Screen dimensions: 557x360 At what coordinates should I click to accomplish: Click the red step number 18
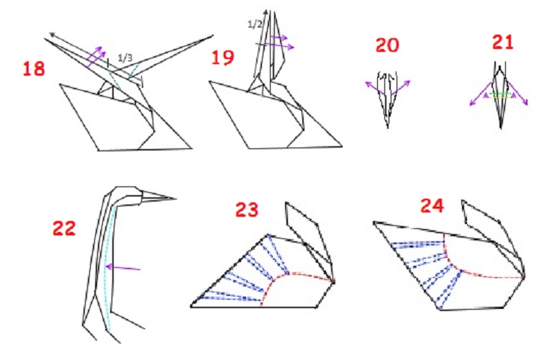(x=34, y=68)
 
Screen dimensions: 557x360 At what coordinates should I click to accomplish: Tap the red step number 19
(x=223, y=58)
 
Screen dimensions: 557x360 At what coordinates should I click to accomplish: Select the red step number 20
(x=387, y=45)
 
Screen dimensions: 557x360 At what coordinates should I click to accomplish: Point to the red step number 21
(x=502, y=42)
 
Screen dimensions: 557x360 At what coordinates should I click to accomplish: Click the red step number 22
(x=64, y=228)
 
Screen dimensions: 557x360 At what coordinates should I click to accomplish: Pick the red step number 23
(x=247, y=210)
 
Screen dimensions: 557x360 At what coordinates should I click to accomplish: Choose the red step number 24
(x=432, y=205)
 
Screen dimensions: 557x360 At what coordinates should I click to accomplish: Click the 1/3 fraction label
(x=124, y=58)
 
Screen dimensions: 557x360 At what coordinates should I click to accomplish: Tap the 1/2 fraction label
(x=255, y=24)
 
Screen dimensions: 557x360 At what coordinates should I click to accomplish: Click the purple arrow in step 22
(x=123, y=268)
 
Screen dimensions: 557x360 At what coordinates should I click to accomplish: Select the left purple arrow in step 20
(x=375, y=88)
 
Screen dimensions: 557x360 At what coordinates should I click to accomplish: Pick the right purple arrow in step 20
(x=402, y=87)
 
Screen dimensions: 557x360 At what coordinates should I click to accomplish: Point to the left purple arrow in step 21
(x=481, y=94)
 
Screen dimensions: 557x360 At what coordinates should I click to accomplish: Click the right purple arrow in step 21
(x=518, y=94)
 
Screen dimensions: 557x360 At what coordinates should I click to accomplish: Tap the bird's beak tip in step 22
(x=176, y=199)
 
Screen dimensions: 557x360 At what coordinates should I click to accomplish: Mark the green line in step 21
(x=500, y=94)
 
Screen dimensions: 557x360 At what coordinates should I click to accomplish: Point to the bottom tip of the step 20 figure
(x=388, y=128)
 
